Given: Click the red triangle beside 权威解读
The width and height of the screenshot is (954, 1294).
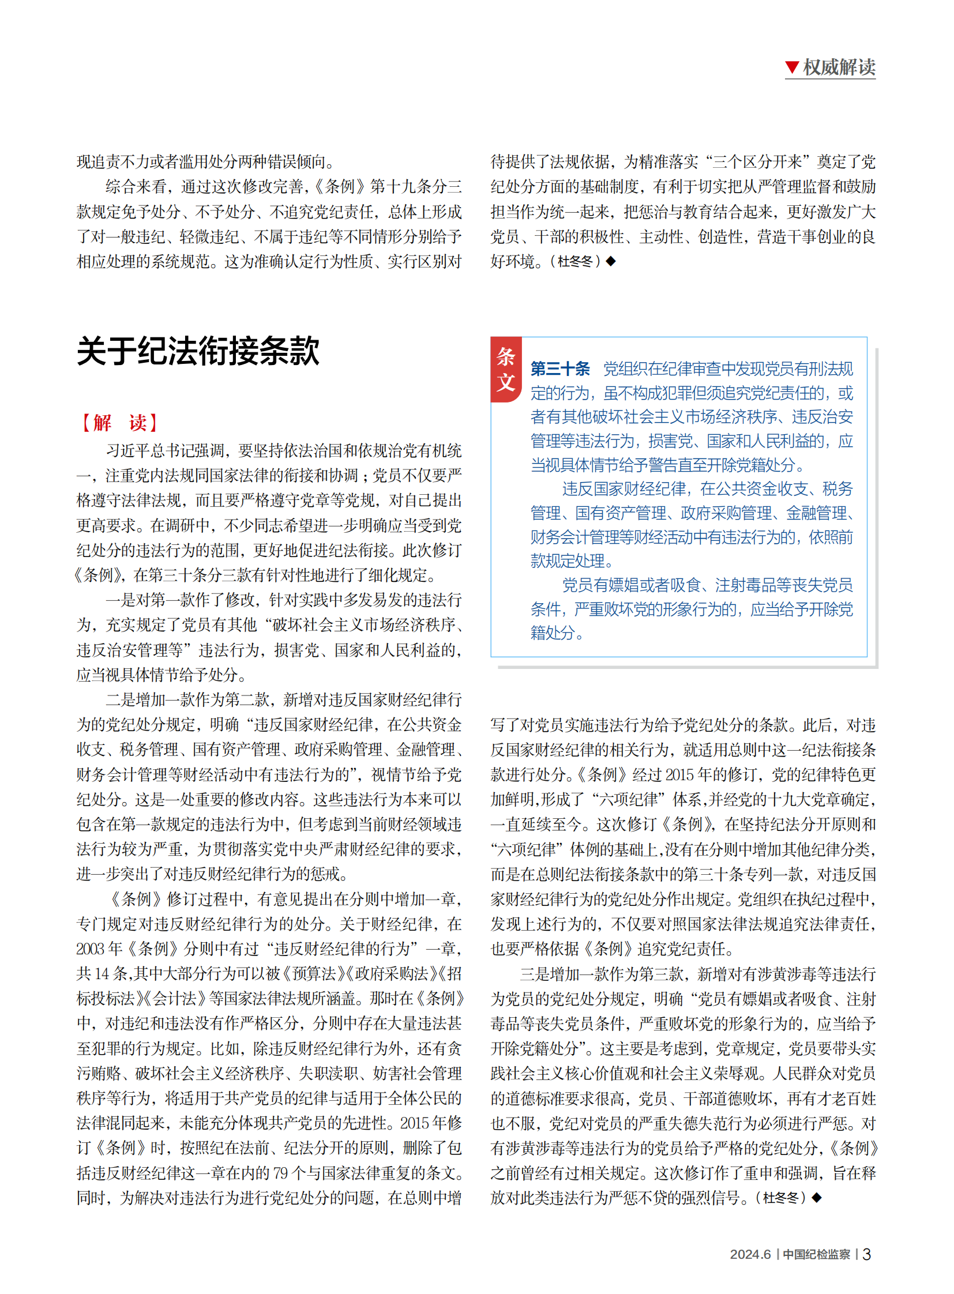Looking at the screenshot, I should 792,67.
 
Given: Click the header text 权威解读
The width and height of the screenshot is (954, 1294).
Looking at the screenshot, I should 839,67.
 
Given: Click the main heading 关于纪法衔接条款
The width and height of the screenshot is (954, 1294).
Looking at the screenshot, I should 198,351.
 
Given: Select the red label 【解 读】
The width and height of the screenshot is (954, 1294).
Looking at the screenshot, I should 119,423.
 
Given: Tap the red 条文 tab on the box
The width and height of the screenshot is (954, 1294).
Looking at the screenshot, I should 506,370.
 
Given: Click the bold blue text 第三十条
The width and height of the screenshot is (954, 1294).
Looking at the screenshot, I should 560,368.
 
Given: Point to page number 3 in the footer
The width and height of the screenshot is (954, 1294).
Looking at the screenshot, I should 866,1254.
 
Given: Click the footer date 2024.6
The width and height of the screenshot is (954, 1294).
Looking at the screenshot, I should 750,1254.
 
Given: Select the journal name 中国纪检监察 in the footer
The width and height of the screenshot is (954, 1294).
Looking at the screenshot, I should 816,1254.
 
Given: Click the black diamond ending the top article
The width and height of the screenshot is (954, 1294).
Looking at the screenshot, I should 611,262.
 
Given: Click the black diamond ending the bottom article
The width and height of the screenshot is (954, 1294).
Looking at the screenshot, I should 817,1198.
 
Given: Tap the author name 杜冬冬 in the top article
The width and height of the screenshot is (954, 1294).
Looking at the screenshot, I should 575,262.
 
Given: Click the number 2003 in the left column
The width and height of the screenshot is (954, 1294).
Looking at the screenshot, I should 91,949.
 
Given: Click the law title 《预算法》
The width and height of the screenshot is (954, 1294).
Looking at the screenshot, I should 314,974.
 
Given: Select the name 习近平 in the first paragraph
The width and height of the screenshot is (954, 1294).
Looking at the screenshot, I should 127,450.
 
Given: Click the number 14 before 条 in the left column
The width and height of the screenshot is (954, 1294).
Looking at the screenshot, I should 102,974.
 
